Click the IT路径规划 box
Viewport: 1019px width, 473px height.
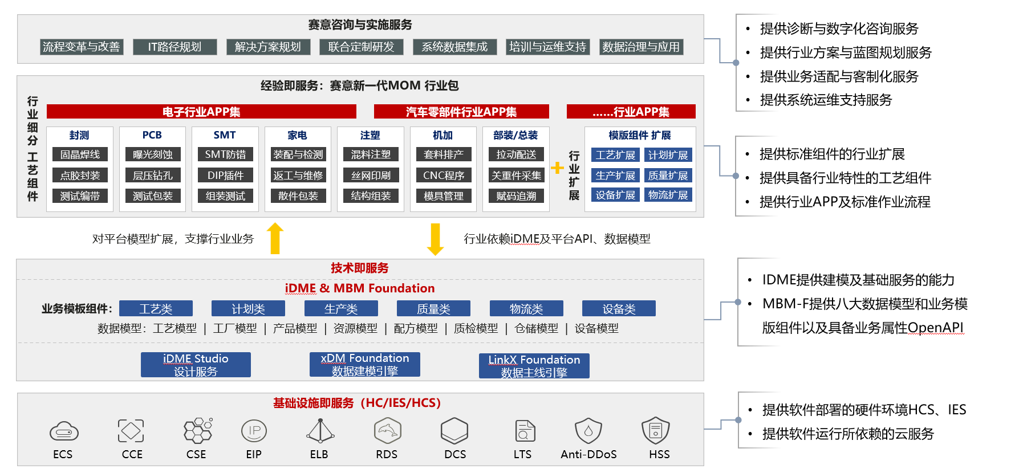[x=174, y=47]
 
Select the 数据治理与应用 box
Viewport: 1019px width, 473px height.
[x=641, y=47]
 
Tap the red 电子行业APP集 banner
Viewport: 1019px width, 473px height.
[x=201, y=112]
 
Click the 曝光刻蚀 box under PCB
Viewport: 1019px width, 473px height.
[x=152, y=154]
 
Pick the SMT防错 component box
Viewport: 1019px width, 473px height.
[x=225, y=154]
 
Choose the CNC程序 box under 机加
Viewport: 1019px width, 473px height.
[x=444, y=176]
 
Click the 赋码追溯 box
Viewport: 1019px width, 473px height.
[x=516, y=196]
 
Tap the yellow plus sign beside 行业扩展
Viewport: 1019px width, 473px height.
[x=557, y=168]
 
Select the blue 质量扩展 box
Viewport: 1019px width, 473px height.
[x=668, y=176]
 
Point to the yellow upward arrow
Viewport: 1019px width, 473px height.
[x=275, y=238]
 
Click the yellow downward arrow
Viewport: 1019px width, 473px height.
[x=435, y=239]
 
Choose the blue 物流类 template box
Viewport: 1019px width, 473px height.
[x=526, y=309]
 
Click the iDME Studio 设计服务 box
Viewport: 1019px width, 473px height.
[x=196, y=365]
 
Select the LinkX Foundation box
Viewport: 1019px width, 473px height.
[x=534, y=366]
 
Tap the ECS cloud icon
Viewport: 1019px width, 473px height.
[x=64, y=432]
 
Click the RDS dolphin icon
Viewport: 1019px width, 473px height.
[x=387, y=431]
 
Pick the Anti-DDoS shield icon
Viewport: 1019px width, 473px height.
[x=588, y=431]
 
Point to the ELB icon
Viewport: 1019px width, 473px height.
[x=320, y=431]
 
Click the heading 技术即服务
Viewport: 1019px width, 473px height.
[x=360, y=268]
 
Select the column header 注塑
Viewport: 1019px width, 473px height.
[x=370, y=135]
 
